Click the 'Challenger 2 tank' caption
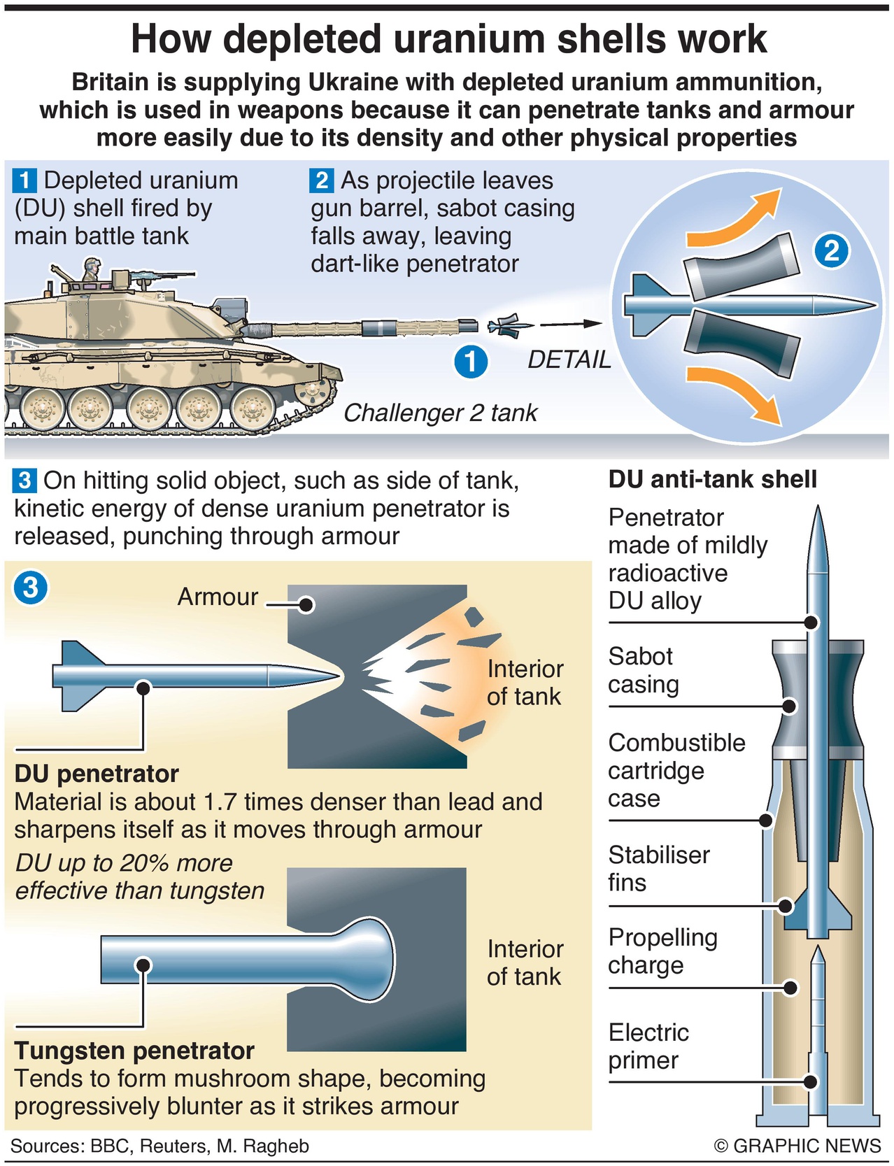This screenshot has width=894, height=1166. point(440,413)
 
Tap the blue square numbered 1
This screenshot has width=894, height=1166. point(24,181)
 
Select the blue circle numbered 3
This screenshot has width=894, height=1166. point(31,588)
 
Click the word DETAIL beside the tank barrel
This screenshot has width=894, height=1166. point(569,360)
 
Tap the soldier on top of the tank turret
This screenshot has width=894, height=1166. point(90,270)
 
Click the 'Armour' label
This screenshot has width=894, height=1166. point(218,597)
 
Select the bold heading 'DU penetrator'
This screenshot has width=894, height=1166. point(97,774)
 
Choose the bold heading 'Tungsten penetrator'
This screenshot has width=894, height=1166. point(134,1051)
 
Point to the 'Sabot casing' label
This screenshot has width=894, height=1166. point(643,670)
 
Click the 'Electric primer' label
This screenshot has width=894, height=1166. point(648,1046)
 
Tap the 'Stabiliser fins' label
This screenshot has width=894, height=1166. point(659,868)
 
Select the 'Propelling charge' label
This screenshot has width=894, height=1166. point(662,951)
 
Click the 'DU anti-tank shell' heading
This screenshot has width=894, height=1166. point(712,479)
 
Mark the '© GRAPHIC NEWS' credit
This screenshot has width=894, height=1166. point(797,1146)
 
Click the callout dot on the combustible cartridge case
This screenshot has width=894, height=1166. point(766,820)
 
